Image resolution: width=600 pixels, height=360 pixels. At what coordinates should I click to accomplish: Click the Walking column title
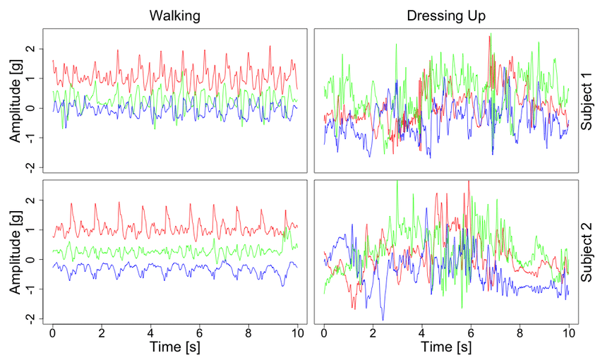[174, 16]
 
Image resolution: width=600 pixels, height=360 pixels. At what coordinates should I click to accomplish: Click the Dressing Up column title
[446, 16]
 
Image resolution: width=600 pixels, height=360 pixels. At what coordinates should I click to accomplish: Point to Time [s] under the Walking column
[174, 348]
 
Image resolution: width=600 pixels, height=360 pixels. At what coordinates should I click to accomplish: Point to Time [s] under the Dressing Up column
[446, 348]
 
